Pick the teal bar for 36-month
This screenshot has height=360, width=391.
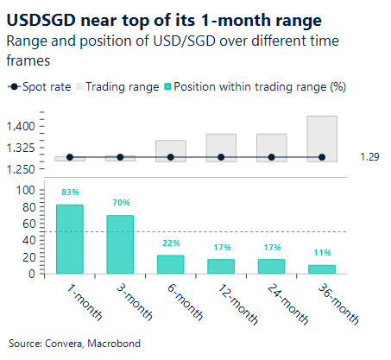pyautogui.click(x=322, y=268)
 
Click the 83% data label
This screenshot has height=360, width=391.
pyautogui.click(x=70, y=193)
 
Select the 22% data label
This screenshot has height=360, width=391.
pyautogui.click(x=170, y=243)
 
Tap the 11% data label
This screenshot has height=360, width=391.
pyautogui.click(x=322, y=253)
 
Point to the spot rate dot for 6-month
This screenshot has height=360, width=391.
pyautogui.click(x=170, y=157)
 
